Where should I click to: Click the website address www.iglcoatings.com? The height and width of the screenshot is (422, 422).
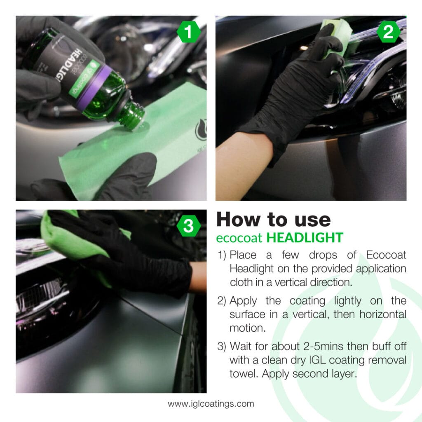click(x=211, y=404)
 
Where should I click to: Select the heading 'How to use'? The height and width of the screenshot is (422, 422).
click(x=273, y=220)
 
